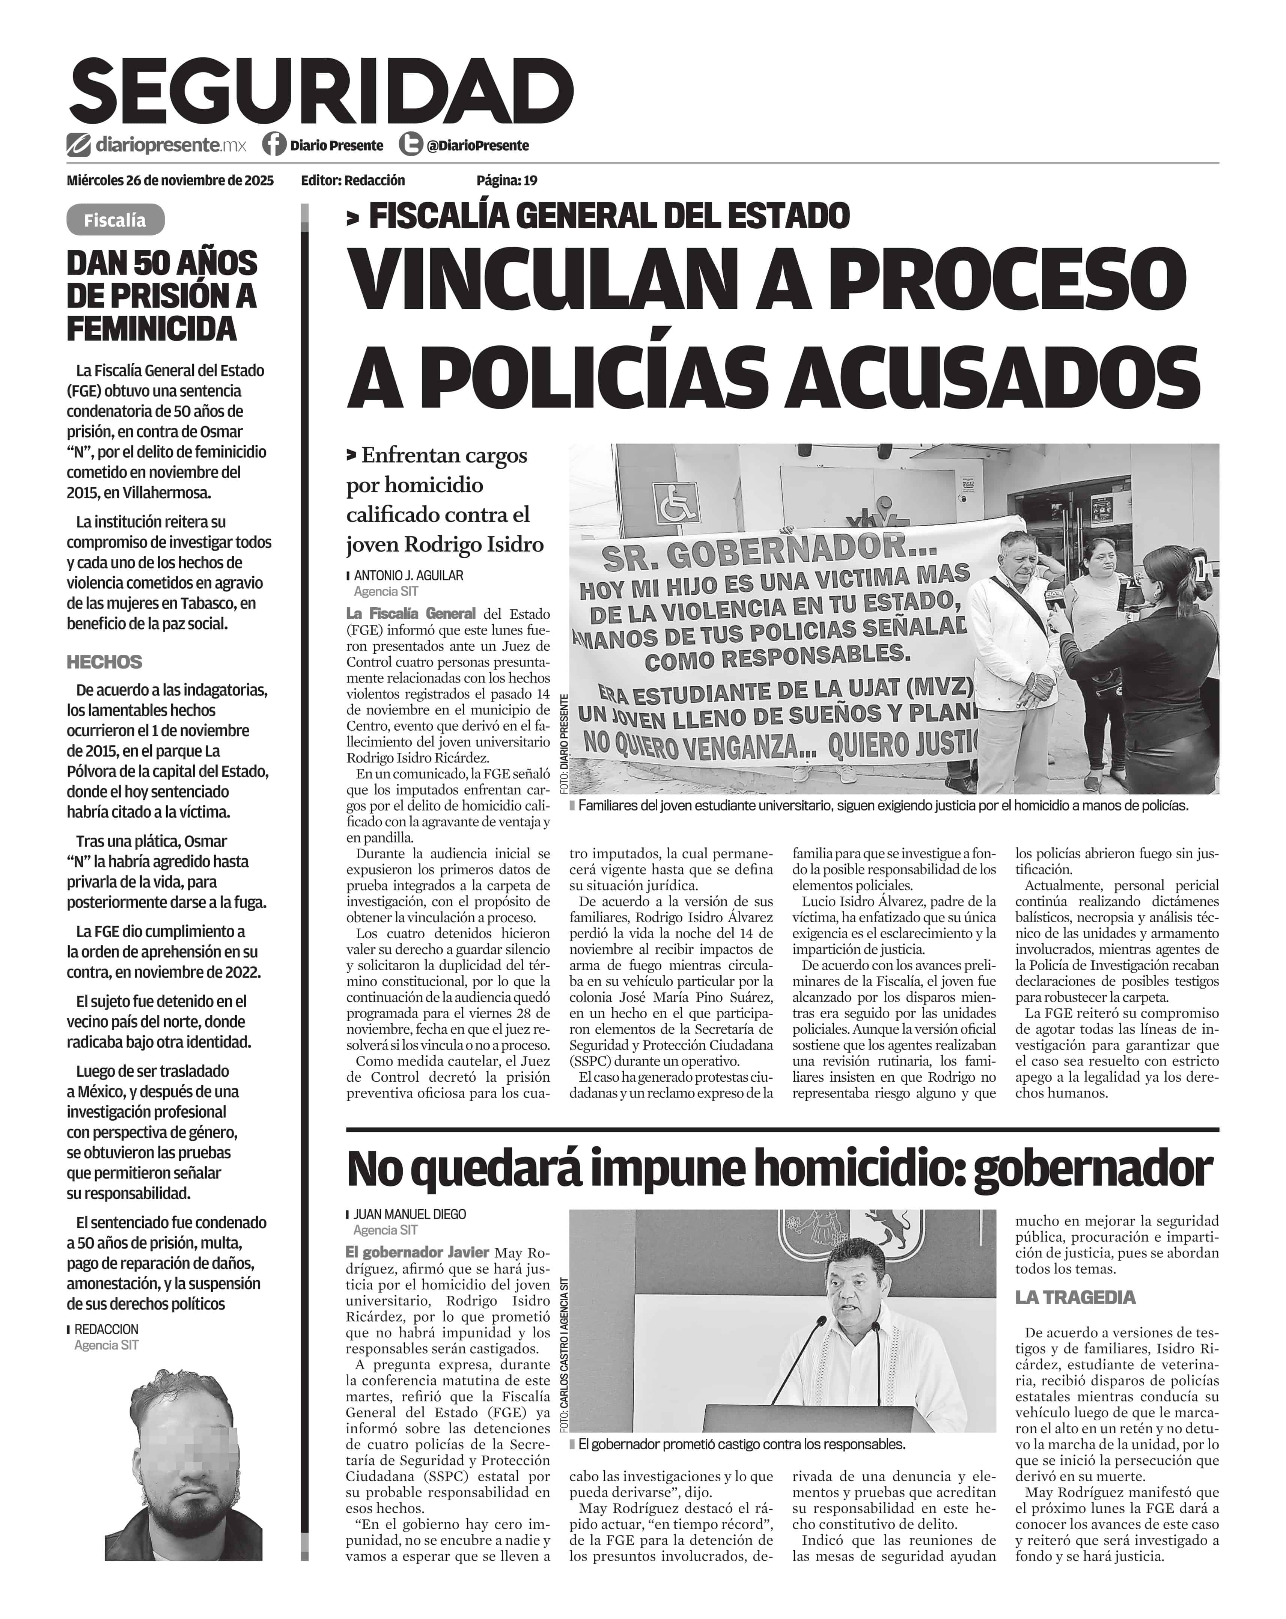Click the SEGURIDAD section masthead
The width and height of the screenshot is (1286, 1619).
pos(321,92)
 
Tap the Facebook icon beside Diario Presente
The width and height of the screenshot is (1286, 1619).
pos(274,144)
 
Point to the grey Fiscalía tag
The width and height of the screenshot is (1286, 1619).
pos(115,220)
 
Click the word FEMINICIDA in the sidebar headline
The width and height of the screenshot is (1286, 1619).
pos(152,329)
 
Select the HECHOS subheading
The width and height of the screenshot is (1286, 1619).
pos(104,662)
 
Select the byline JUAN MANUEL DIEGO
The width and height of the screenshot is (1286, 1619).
pos(409,1213)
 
